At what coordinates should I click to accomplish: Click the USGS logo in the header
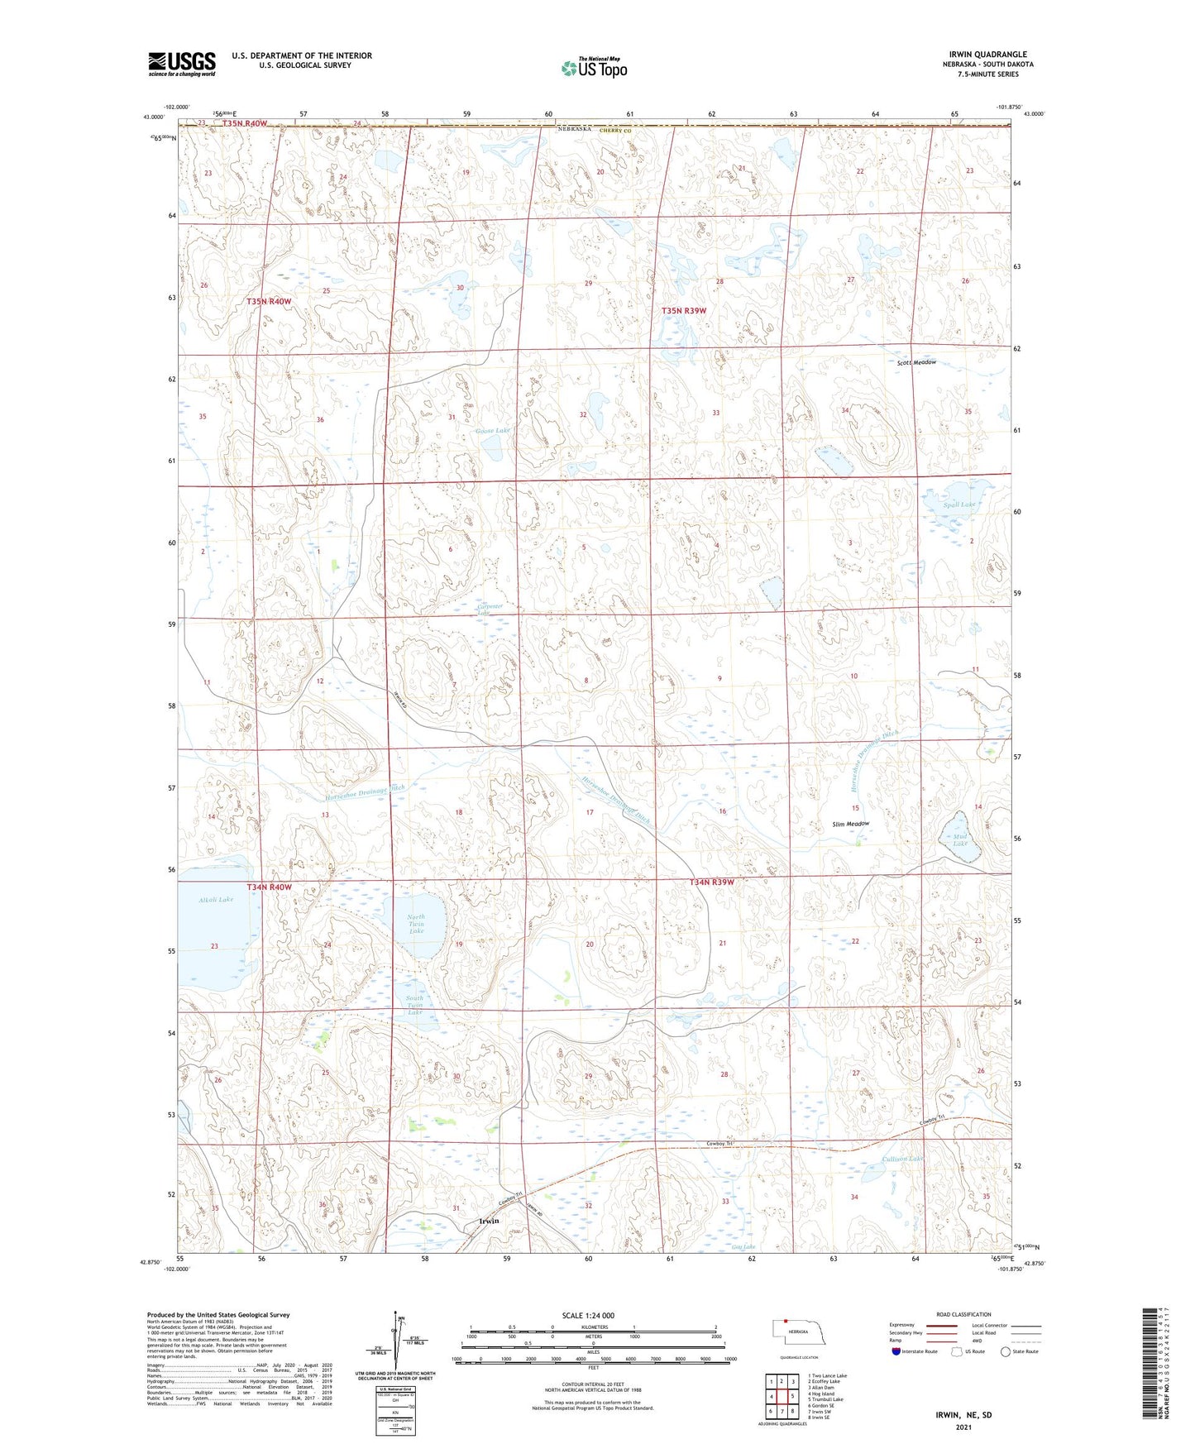click(181, 64)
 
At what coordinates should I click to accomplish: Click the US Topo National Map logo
click(594, 68)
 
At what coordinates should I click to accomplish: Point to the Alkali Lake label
click(216, 900)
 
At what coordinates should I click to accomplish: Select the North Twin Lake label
click(416, 924)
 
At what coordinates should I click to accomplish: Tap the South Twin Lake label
click(415, 1005)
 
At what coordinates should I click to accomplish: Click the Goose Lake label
click(493, 431)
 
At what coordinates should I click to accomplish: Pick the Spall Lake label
click(959, 504)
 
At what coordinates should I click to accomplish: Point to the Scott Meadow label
click(916, 363)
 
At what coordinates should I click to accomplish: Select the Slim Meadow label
click(850, 825)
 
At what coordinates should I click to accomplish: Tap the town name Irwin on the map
click(489, 1221)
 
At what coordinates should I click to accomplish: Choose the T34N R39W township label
click(712, 882)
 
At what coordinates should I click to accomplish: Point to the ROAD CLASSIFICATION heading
click(963, 1314)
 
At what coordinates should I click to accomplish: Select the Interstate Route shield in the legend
click(897, 1351)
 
